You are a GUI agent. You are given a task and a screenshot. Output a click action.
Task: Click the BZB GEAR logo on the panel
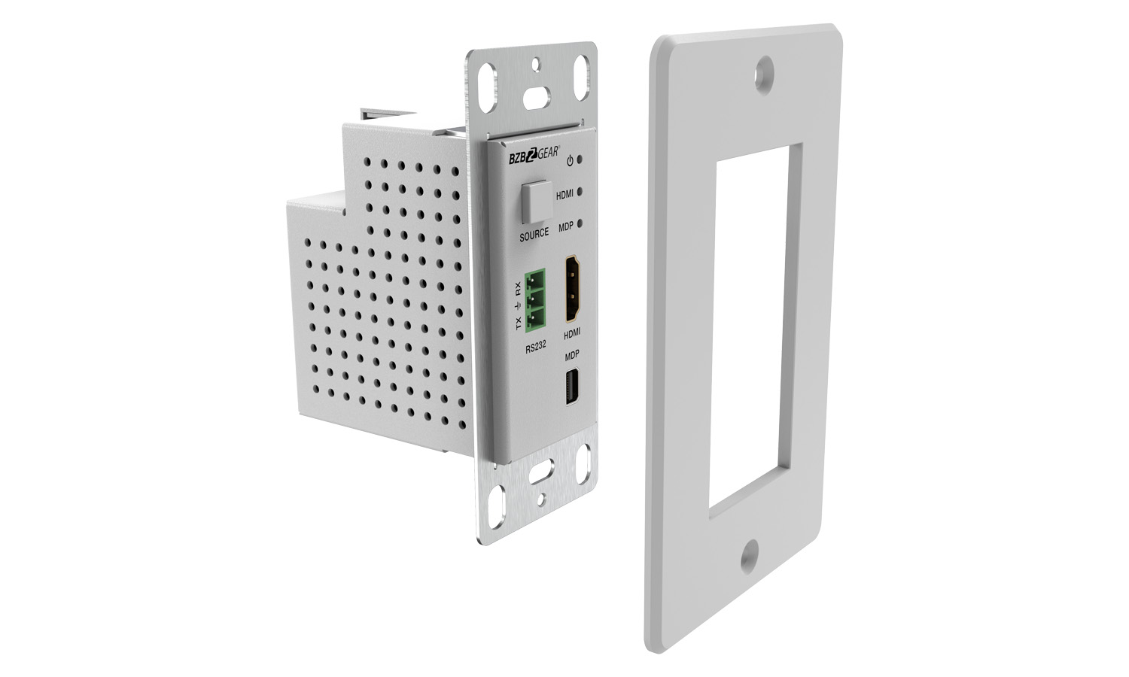pyautogui.click(x=534, y=156)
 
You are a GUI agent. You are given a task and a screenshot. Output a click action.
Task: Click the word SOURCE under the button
pyautogui.click(x=534, y=234)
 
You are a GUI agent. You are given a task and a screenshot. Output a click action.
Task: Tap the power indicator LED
pyautogui.click(x=580, y=159)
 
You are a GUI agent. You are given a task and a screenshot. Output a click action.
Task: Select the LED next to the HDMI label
pyautogui.click(x=580, y=191)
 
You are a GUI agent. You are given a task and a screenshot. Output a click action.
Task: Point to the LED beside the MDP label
pyautogui.click(x=580, y=223)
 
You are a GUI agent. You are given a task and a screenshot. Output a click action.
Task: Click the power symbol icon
pyautogui.click(x=570, y=161)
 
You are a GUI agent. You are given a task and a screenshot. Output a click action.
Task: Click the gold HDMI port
pyautogui.click(x=573, y=288)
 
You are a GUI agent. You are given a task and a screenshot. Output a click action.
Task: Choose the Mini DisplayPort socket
pyautogui.click(x=573, y=387)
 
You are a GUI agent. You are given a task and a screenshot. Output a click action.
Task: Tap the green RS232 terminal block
pyautogui.click(x=535, y=301)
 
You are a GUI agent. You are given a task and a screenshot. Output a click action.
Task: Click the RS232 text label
pyautogui.click(x=536, y=348)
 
